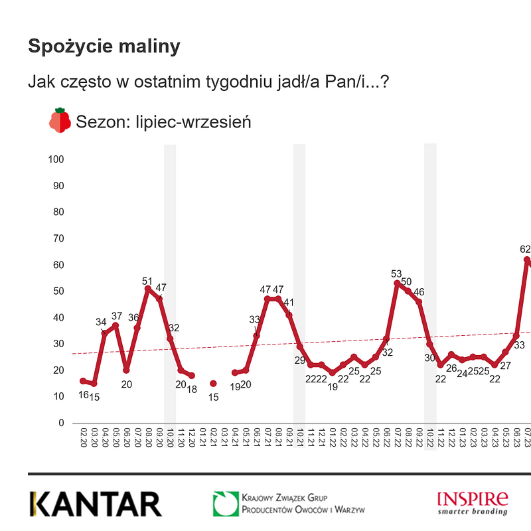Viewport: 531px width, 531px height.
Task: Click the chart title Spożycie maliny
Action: [104, 46]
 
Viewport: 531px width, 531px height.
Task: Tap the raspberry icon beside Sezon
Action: [60, 121]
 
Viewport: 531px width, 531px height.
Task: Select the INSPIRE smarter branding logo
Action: [472, 502]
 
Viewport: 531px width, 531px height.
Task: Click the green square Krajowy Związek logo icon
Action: [225, 504]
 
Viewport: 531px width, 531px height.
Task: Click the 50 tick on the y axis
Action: [58, 291]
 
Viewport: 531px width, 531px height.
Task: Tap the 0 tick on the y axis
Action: [61, 423]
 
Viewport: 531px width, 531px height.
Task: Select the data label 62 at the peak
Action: [525, 249]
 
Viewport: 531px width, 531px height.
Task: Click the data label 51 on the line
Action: [148, 281]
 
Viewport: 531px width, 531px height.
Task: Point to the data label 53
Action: [397, 273]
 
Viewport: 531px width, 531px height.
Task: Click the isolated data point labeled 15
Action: [213, 384]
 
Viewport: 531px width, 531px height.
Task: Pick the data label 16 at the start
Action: [83, 394]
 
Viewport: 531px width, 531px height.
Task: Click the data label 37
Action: [117, 316]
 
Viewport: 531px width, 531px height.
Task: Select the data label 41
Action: [289, 303]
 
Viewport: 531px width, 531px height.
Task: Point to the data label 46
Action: [419, 292]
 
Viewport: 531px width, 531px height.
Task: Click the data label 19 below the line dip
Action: [333, 386]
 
